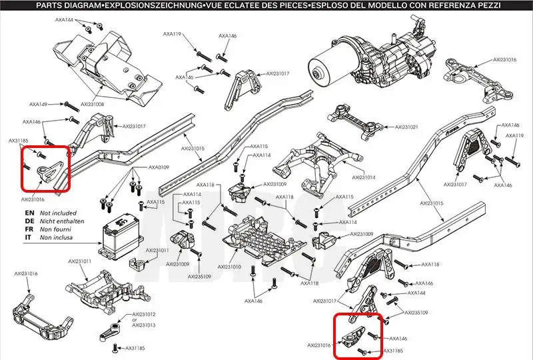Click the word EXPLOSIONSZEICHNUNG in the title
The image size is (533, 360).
(153, 5)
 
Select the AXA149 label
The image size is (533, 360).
(39, 105)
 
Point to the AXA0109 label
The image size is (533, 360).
(159, 167)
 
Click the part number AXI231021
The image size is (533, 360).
(406, 127)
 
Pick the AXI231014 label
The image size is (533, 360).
(363, 178)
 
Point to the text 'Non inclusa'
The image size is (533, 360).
(56, 237)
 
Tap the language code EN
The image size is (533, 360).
(29, 213)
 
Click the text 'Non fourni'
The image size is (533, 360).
(55, 229)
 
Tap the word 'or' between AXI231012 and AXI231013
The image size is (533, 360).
(135, 320)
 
